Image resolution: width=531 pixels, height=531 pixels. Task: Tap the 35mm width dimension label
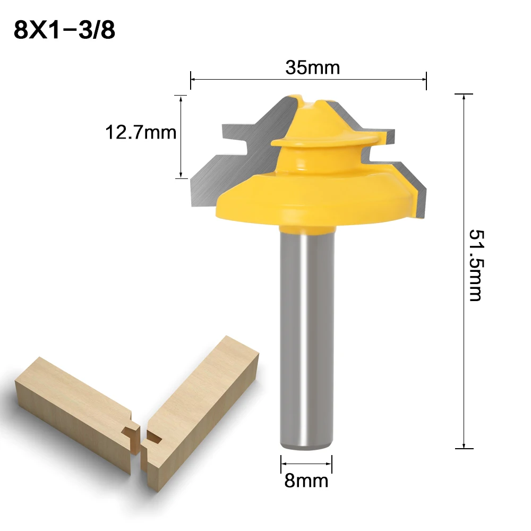coord(312,67)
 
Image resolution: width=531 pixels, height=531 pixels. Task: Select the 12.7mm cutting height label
coord(141,132)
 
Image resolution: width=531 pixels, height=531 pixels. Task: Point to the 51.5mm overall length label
coord(475,265)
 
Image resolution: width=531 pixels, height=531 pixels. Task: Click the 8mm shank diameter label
coord(306,481)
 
